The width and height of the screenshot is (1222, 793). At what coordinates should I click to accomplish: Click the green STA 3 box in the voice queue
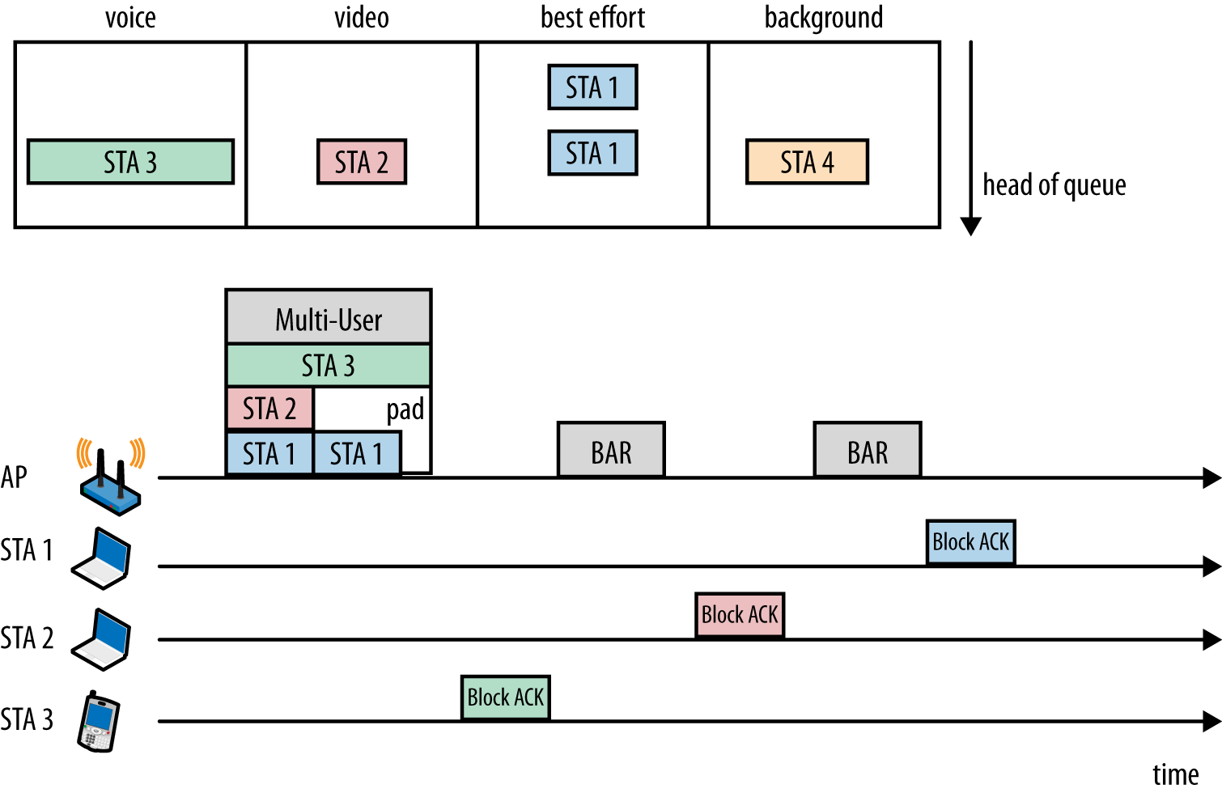tap(130, 162)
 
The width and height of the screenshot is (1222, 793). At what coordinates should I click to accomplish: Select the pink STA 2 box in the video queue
tap(361, 162)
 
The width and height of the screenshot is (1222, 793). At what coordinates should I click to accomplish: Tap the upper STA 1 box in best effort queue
tap(592, 87)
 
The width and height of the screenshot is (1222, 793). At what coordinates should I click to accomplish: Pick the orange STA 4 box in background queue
tap(806, 162)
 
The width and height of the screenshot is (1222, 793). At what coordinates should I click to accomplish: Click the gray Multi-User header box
tap(328, 318)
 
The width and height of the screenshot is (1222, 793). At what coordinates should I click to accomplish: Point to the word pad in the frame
tap(405, 409)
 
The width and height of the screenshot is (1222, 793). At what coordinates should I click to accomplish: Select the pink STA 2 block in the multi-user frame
tap(269, 409)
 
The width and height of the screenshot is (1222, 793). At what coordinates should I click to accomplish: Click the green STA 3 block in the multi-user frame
tap(328, 366)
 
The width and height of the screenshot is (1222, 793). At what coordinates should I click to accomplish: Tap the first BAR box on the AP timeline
tap(611, 450)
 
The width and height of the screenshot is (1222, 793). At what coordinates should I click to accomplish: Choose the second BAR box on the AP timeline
tap(867, 450)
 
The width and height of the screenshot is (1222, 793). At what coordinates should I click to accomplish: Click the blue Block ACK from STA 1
tap(970, 542)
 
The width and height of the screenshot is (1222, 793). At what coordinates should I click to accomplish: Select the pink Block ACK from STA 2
tap(740, 615)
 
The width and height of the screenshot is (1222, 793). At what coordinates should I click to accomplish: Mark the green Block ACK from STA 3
tap(506, 698)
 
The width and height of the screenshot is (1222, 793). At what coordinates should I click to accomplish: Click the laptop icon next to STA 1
tap(102, 558)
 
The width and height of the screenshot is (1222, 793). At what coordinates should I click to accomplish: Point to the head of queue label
tap(1054, 185)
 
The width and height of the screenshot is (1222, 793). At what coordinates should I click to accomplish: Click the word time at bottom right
tap(1175, 774)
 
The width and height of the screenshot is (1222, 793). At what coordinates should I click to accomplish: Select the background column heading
tap(823, 18)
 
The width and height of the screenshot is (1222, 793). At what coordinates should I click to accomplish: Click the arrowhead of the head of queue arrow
tap(970, 227)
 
